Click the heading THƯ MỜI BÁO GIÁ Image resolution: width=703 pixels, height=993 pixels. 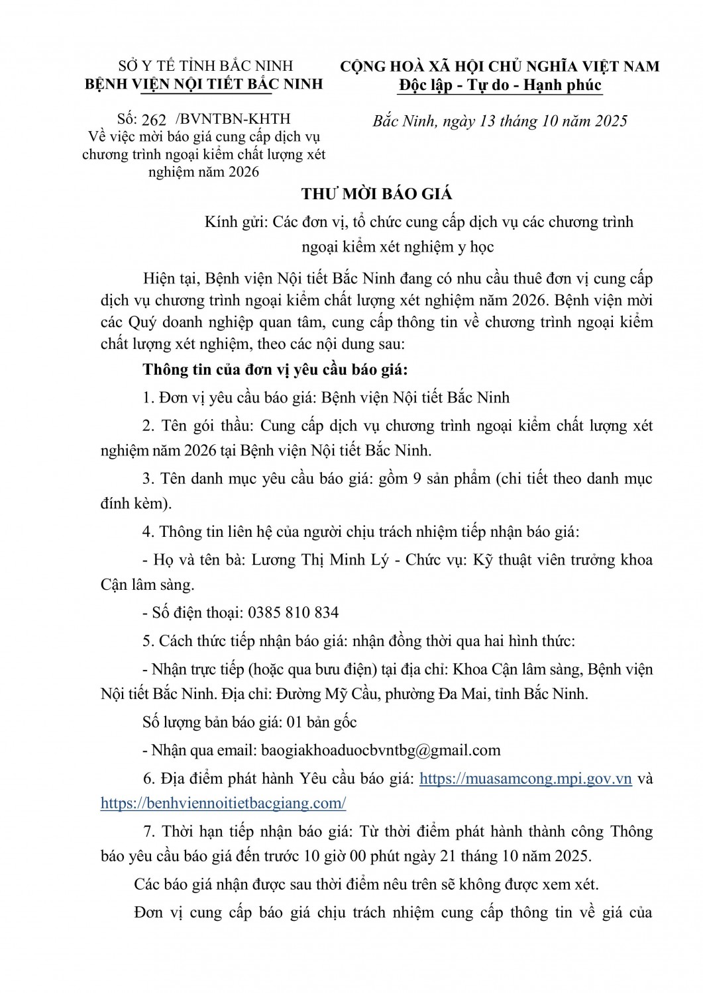377,194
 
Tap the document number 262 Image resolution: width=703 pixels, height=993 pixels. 154,120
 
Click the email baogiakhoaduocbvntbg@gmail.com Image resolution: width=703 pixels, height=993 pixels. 381,750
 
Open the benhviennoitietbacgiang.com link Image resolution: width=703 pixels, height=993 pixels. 223,804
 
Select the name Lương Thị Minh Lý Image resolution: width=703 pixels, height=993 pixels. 307,559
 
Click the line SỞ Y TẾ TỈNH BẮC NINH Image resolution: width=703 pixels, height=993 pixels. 205,67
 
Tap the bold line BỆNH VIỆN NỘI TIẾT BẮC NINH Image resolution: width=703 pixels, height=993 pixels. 205,84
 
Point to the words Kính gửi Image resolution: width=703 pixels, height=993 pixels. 235,221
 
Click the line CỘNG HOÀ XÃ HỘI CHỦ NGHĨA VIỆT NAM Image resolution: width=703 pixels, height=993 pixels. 500,67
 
